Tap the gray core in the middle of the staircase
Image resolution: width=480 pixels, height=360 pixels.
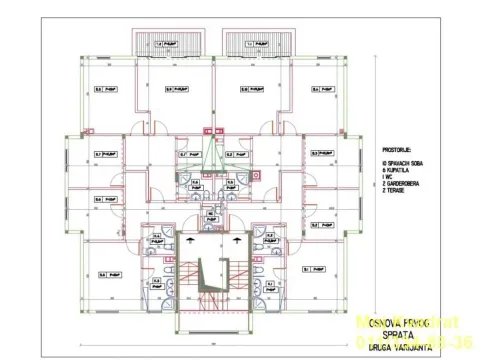pyautogui.click(x=211, y=273)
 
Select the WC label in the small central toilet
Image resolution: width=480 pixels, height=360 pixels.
pyautogui.click(x=211, y=214)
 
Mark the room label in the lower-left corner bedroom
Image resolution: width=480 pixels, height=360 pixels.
pyautogui.click(x=103, y=271)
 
